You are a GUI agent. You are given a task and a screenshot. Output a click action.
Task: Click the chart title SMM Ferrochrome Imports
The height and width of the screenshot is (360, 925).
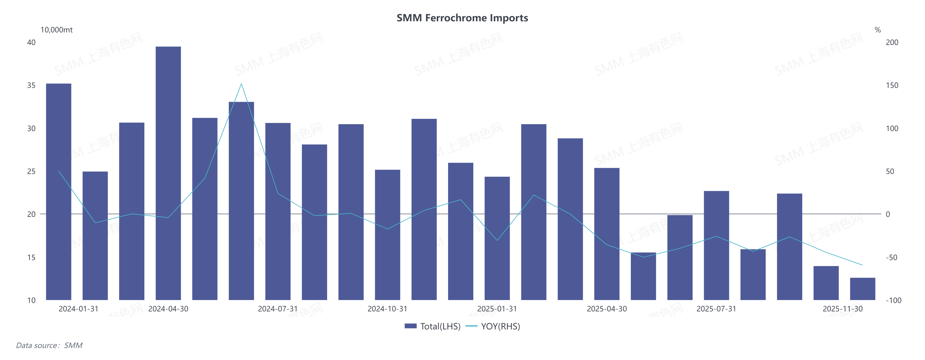(462, 18)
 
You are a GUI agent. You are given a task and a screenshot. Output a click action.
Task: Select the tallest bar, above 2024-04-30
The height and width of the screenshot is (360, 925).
(168, 172)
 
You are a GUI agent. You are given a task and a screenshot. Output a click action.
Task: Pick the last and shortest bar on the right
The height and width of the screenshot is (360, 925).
(862, 289)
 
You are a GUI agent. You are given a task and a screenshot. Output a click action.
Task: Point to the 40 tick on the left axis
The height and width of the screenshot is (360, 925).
(32, 42)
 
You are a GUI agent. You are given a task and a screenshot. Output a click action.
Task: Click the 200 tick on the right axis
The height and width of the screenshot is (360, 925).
(892, 42)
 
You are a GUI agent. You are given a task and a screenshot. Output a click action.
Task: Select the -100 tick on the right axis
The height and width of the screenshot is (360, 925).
(893, 300)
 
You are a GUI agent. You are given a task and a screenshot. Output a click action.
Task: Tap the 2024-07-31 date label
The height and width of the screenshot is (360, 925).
(278, 309)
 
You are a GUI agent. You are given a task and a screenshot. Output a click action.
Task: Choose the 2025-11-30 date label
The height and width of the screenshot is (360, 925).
(842, 309)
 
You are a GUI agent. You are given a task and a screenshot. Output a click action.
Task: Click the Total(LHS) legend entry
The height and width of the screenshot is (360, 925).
(433, 326)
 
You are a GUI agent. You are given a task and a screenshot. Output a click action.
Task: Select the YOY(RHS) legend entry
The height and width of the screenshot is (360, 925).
(493, 326)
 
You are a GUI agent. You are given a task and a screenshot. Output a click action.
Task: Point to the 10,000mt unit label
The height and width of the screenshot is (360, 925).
(56, 30)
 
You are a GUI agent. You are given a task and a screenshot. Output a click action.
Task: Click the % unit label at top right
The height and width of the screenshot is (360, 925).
(878, 30)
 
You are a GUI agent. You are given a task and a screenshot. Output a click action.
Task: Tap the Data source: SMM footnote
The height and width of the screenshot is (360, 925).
(49, 345)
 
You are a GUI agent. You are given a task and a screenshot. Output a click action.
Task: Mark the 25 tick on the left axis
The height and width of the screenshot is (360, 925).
(32, 171)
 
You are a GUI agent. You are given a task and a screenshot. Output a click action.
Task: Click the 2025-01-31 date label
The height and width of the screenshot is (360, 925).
(497, 309)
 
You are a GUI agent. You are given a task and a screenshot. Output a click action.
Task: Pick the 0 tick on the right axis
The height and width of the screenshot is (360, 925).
(888, 214)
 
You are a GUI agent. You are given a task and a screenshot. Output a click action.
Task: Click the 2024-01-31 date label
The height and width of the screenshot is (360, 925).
(78, 309)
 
